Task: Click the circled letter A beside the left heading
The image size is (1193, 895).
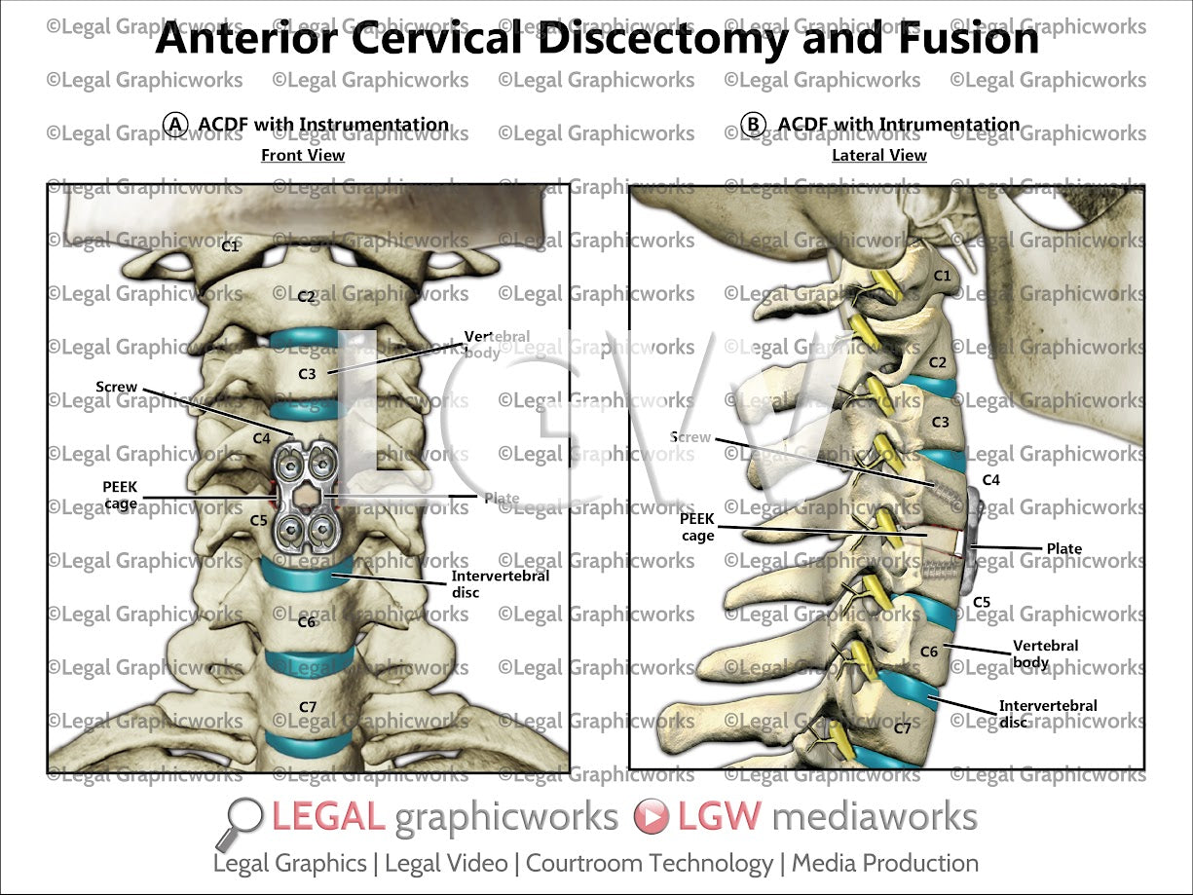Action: (x=175, y=125)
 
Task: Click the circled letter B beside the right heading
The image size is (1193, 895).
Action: (x=754, y=125)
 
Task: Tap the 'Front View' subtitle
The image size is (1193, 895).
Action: (x=303, y=155)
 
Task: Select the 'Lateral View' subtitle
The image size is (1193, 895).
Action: (x=879, y=155)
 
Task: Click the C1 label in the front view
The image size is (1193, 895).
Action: (x=230, y=246)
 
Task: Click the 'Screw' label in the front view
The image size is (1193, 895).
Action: (x=116, y=387)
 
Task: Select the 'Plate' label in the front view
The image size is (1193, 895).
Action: (x=502, y=499)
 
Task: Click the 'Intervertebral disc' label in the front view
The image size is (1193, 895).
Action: (x=500, y=583)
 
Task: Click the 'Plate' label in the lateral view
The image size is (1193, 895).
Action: (x=1063, y=548)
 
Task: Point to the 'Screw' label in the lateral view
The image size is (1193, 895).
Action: (x=690, y=437)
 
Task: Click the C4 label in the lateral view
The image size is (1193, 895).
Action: (x=990, y=479)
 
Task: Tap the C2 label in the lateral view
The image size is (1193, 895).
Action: (x=938, y=362)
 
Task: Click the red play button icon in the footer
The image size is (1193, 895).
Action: (x=651, y=817)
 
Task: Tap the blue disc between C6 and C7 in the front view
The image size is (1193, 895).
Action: (x=310, y=658)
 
